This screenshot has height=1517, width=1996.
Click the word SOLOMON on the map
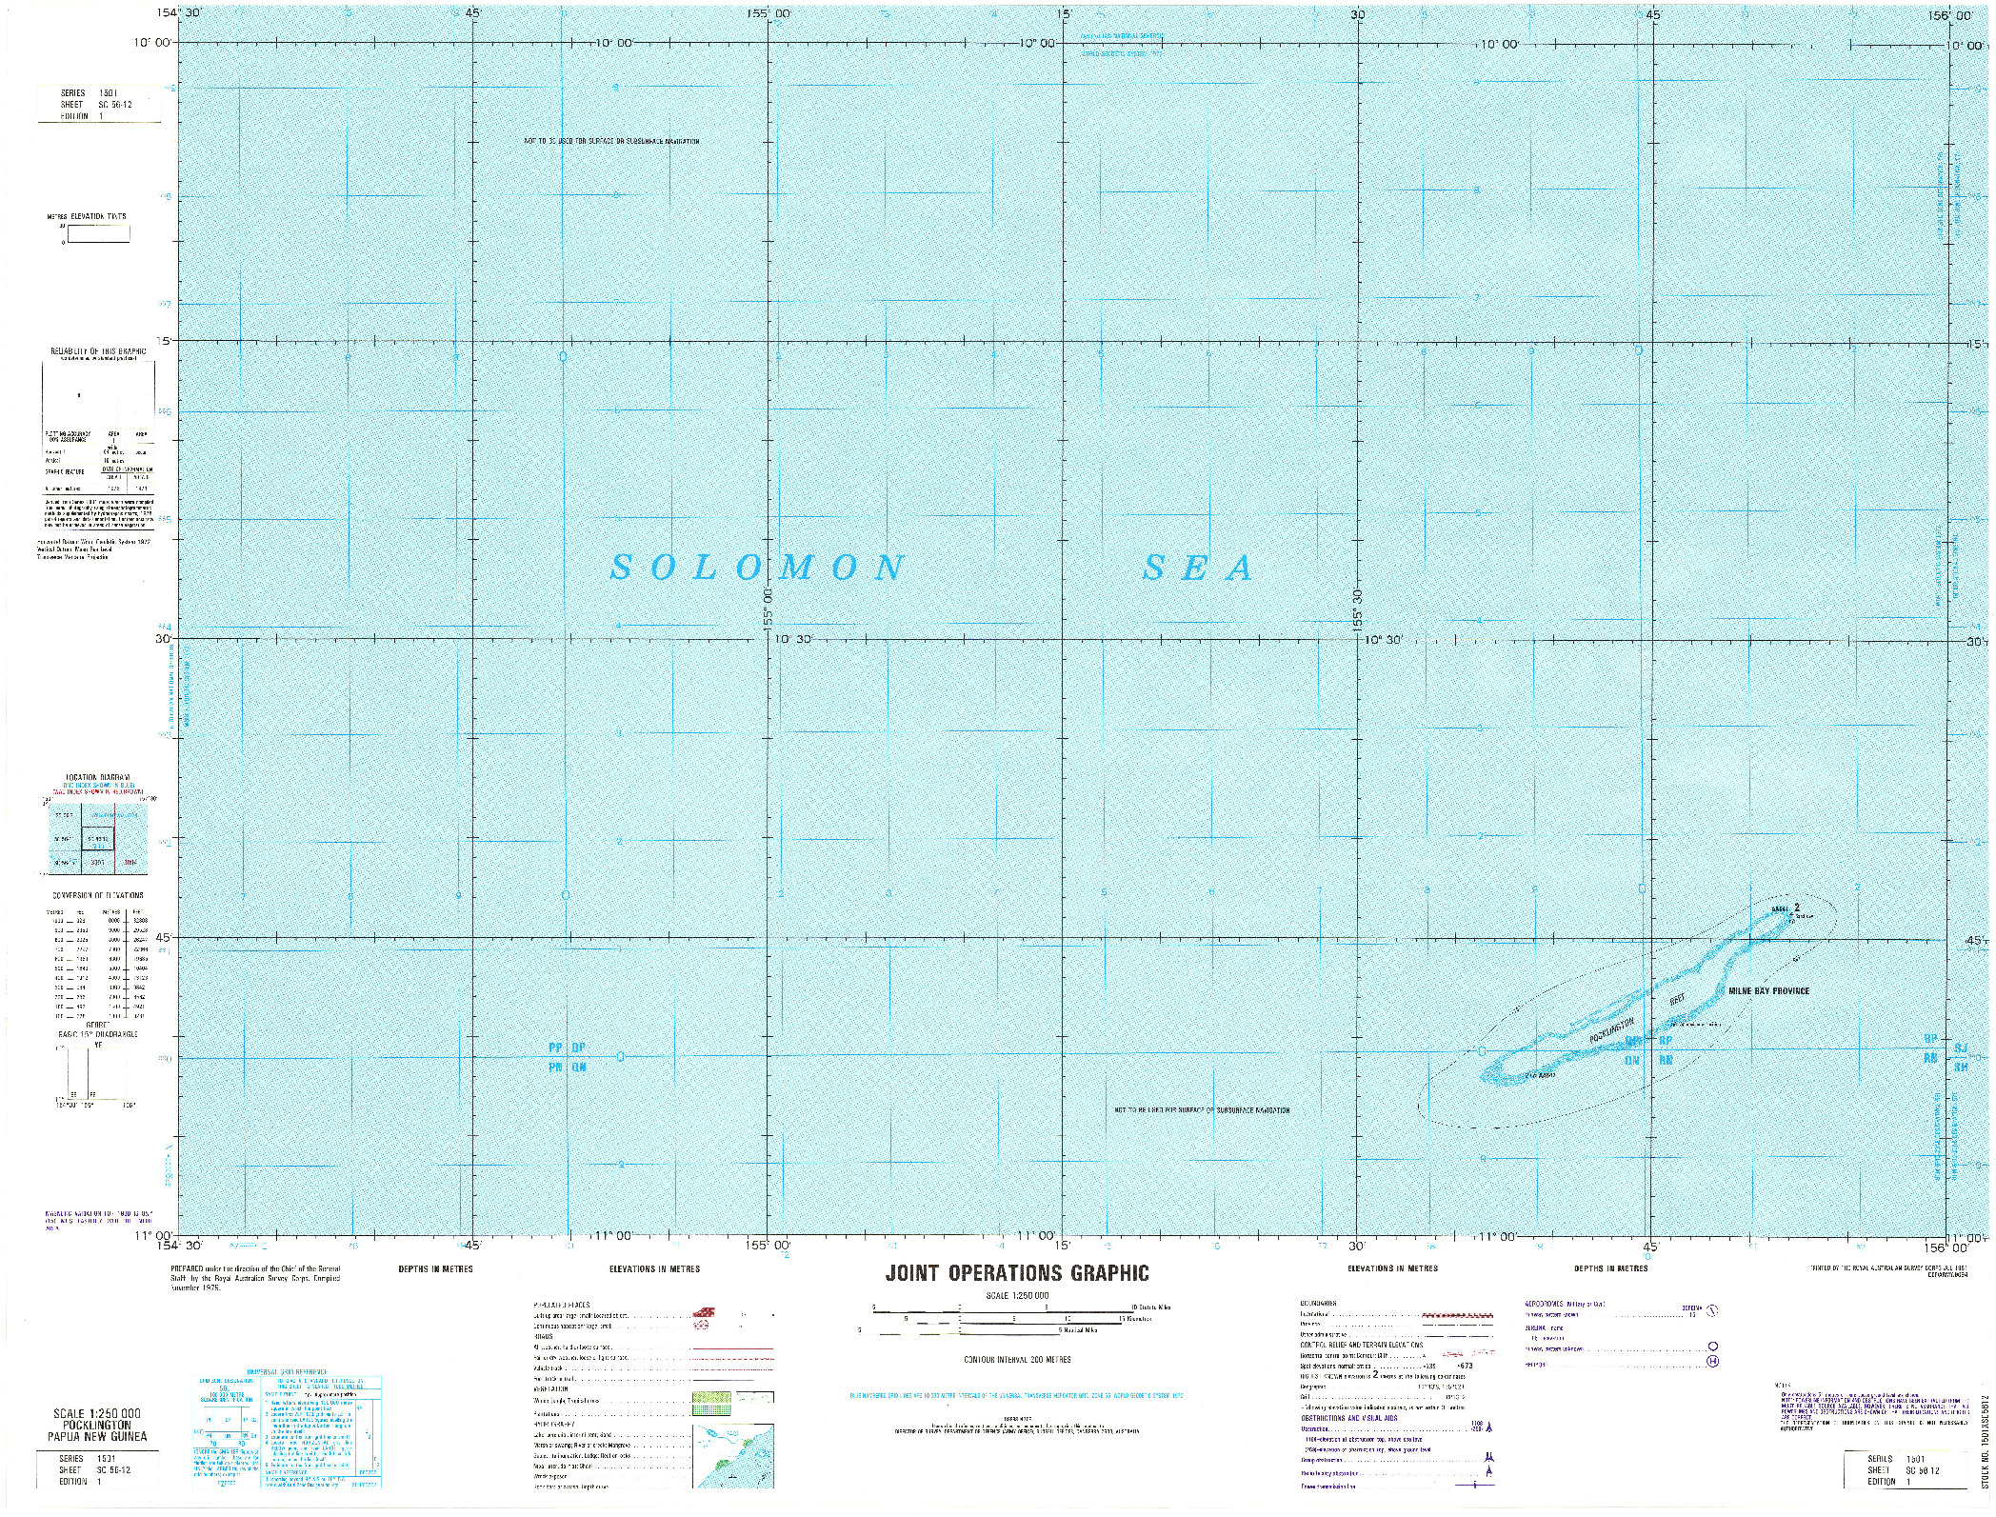point(757,569)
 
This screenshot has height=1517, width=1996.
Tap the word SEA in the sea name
point(1199,569)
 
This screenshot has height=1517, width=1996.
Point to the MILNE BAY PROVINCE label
point(1768,991)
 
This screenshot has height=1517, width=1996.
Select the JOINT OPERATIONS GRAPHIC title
point(1017,1273)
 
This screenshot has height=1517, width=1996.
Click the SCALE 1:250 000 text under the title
point(1017,1296)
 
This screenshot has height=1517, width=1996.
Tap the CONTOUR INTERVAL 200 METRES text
point(1017,1359)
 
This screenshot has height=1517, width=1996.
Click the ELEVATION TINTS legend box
point(97,233)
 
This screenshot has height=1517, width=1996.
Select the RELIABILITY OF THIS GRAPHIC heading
point(99,351)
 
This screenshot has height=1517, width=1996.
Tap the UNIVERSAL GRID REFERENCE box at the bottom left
point(289,1419)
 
